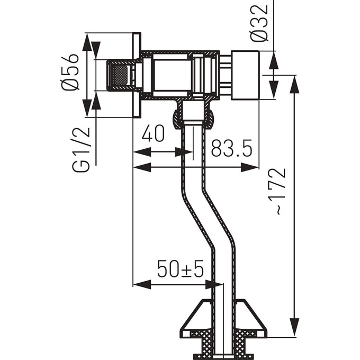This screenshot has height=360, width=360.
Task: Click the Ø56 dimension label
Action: pos(70,72)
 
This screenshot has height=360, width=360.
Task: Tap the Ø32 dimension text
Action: pos(259,23)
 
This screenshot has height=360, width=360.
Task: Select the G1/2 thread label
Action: pos(80,150)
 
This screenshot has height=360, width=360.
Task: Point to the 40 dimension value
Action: pos(153,133)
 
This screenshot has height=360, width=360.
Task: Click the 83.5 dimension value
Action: pos(232,148)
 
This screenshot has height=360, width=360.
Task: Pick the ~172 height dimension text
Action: pos(281,192)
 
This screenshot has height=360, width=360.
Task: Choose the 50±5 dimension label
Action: pos(181,269)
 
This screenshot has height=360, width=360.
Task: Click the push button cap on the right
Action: pos(245,75)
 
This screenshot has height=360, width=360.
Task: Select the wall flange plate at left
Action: pos(137,75)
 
